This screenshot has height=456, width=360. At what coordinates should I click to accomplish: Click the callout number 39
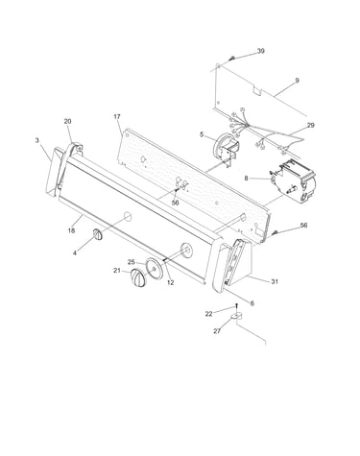(x=261, y=51)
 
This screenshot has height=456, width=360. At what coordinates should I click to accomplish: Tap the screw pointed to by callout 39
(x=232, y=59)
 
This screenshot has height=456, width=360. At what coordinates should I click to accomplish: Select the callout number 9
(x=297, y=81)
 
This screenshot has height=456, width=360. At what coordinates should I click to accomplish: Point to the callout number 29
(x=310, y=125)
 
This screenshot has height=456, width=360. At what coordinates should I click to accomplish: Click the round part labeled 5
(x=225, y=147)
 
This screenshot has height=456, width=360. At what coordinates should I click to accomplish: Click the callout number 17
(x=117, y=117)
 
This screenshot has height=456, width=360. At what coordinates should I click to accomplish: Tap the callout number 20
(x=67, y=121)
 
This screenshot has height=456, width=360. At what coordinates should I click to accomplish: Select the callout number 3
(x=37, y=140)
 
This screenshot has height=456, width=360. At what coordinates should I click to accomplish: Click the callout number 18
(x=71, y=230)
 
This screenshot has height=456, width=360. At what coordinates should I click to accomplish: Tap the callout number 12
(x=171, y=282)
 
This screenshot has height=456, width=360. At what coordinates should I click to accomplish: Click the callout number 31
(x=275, y=281)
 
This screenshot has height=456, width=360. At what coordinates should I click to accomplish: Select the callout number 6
(x=252, y=303)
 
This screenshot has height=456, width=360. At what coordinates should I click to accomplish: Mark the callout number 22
(x=208, y=314)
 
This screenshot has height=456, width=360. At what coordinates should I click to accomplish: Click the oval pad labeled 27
(x=236, y=317)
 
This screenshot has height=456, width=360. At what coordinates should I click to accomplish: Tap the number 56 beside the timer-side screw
(x=303, y=226)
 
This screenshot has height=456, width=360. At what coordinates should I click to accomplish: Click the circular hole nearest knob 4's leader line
(x=128, y=216)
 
